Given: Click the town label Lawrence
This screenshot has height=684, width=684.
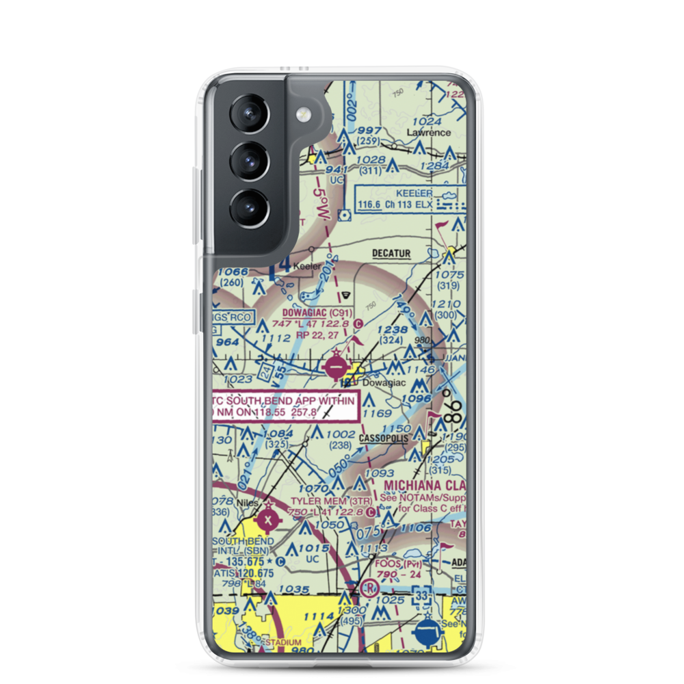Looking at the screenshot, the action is pyautogui.click(x=429, y=132).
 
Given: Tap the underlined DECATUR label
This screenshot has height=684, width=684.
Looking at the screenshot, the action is pyautogui.click(x=391, y=253).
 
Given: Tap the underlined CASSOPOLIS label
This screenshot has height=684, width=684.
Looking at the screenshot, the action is pyautogui.click(x=385, y=437).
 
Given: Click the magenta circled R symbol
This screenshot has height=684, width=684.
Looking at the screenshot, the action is pyautogui.click(x=370, y=588).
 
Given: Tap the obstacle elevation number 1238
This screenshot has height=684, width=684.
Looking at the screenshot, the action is pyautogui.click(x=392, y=329).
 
